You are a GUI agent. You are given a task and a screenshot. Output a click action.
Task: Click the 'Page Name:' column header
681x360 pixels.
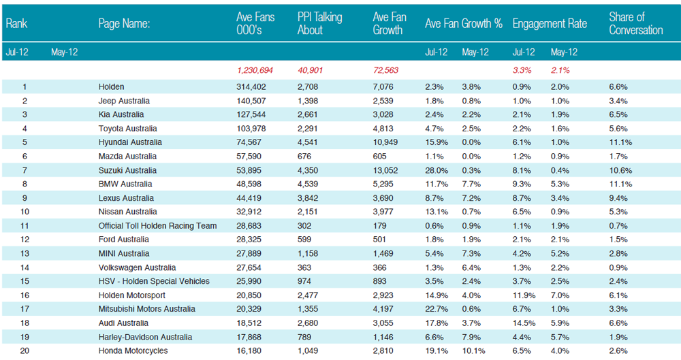[x=124, y=23]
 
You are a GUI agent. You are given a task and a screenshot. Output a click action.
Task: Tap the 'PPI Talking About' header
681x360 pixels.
[x=319, y=23]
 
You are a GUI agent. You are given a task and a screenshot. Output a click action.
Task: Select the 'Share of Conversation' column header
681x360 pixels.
[x=636, y=23]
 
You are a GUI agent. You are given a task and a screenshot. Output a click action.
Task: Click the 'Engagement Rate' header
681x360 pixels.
[x=550, y=23]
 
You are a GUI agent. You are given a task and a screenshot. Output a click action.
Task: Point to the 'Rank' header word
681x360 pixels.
[x=16, y=23]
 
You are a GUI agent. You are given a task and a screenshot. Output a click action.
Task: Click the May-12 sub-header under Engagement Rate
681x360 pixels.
[x=564, y=52]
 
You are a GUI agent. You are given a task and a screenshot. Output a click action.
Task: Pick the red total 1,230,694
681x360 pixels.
[x=255, y=70]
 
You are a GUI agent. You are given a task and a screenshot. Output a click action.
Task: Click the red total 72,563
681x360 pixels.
[x=385, y=70]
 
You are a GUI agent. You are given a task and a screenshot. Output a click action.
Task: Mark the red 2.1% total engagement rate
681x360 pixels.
[x=560, y=70]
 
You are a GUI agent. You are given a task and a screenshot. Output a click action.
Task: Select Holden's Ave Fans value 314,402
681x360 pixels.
[x=251, y=87]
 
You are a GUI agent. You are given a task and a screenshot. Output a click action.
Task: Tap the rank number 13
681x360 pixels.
[x=25, y=254]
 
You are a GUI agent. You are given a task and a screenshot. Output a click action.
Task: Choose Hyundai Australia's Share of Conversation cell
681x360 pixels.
[x=620, y=142]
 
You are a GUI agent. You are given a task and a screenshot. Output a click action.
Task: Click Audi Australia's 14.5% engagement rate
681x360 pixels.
[x=524, y=323]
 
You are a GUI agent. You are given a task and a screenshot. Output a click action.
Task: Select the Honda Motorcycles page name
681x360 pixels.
[x=133, y=351]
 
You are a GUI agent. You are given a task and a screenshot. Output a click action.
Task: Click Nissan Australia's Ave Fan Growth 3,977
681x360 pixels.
[x=383, y=212]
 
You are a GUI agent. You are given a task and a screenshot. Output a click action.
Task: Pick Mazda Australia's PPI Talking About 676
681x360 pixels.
[x=304, y=157]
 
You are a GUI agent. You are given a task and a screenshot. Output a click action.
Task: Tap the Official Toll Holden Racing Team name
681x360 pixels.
[x=157, y=226]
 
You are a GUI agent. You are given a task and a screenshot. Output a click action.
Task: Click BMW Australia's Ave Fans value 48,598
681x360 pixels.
[x=249, y=184]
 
